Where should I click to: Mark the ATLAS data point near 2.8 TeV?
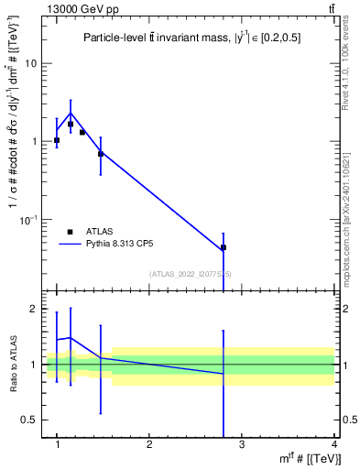[x=224, y=247]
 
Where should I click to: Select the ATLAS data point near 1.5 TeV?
[x=101, y=153]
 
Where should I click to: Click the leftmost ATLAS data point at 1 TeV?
[x=57, y=140]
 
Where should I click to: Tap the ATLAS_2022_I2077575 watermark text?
[x=191, y=274]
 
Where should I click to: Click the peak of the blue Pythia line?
[x=71, y=114]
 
